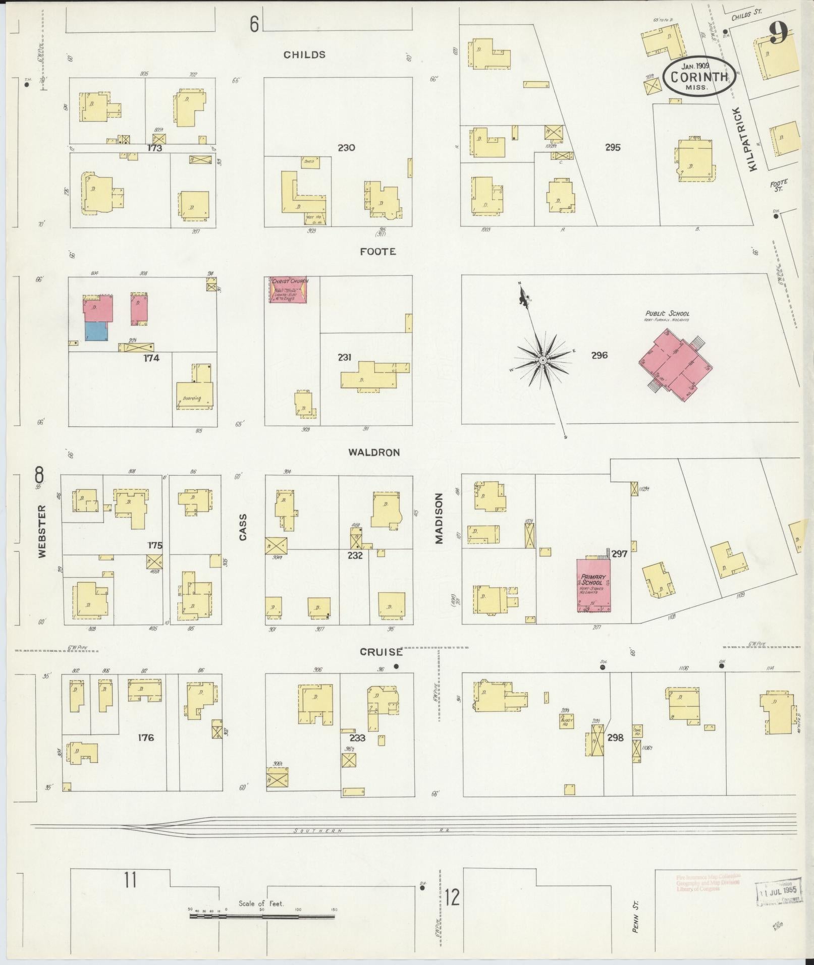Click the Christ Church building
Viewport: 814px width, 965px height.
(288, 290)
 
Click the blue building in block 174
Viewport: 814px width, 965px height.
(96, 331)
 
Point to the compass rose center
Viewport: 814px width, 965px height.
(542, 360)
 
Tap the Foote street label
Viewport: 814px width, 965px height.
(377, 251)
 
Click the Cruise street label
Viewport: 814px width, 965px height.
(381, 652)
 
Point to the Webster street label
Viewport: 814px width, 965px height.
(41, 531)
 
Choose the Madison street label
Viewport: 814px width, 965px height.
(438, 518)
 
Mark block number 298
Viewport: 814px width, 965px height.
(616, 737)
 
